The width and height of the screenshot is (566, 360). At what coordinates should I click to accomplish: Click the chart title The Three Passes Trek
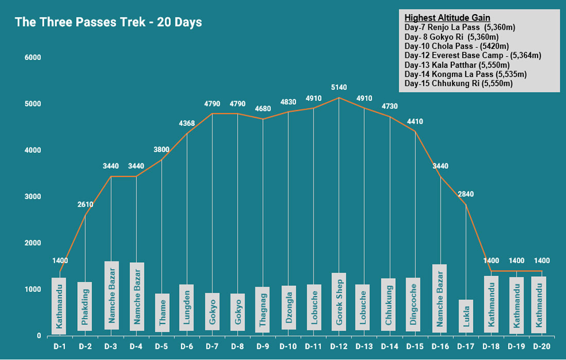pyautogui.click(x=108, y=22)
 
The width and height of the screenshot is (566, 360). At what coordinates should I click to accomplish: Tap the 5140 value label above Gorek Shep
pyautogui.click(x=339, y=87)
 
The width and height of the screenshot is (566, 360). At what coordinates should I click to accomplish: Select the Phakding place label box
pyautogui.click(x=84, y=306)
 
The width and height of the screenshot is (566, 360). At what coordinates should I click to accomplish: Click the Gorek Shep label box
pyautogui.click(x=339, y=302)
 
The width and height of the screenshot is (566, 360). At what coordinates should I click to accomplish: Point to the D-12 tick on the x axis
pyautogui.click(x=339, y=346)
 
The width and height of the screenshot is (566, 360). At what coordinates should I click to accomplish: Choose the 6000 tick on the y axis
pyautogui.click(x=32, y=57)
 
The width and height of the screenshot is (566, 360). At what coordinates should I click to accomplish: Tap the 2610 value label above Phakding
pyautogui.click(x=85, y=204)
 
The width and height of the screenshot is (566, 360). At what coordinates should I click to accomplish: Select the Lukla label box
pyautogui.click(x=466, y=316)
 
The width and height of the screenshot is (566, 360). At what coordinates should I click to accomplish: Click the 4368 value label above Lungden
pyautogui.click(x=186, y=123)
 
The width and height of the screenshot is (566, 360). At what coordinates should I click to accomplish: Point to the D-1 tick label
pyautogui.click(x=60, y=346)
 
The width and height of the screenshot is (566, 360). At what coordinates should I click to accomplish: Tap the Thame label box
pyautogui.click(x=162, y=313)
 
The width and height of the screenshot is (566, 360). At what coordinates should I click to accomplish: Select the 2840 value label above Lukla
pyautogui.click(x=465, y=194)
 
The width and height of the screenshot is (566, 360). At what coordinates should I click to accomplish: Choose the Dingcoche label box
pyautogui.click(x=413, y=304)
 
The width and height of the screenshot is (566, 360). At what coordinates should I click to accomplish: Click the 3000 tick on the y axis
pyautogui.click(x=32, y=196)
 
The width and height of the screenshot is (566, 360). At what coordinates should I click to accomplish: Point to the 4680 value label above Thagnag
pyautogui.click(x=263, y=109)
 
